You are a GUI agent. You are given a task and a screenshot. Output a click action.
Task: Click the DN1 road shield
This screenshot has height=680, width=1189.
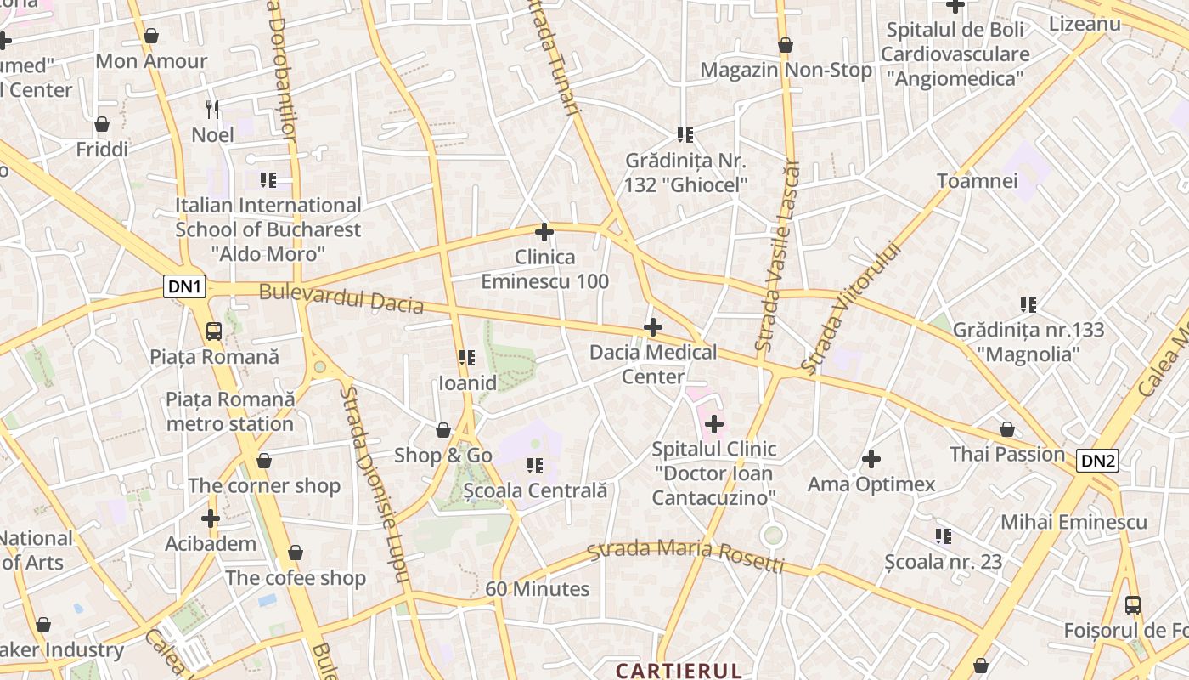click(185, 287)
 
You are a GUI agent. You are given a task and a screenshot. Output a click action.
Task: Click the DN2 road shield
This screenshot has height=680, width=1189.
click(1097, 461)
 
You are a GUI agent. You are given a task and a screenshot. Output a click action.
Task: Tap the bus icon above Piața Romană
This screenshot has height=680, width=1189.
click(214, 331)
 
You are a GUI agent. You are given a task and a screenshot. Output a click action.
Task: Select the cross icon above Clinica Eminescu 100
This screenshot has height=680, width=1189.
click(544, 231)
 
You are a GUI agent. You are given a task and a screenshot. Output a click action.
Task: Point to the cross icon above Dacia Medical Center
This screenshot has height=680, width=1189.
click(652, 326)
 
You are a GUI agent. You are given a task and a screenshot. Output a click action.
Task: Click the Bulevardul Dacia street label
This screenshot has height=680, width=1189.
click(341, 298)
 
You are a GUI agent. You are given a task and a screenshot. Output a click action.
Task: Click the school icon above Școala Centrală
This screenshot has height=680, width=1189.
click(535, 465)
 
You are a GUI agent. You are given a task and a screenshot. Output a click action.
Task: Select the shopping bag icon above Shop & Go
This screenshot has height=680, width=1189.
click(442, 430)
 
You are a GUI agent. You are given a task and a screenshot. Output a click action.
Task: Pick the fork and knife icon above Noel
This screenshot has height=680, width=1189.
click(212, 109)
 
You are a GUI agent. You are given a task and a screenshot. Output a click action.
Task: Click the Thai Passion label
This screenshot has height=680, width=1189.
click(1007, 454)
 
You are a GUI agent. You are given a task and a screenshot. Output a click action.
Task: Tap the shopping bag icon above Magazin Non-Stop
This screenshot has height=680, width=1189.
click(786, 44)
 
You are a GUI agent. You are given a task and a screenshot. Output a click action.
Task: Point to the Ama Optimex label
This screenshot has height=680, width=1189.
click(871, 484)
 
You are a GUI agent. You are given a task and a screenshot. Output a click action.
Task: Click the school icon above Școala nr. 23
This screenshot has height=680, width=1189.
click(943, 535)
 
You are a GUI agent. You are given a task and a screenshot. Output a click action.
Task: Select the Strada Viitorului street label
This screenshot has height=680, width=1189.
click(850, 309)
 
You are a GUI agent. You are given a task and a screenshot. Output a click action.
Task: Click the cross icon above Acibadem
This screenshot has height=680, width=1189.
click(211, 518)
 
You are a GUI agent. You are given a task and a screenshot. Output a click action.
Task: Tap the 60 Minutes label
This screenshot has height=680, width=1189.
click(537, 588)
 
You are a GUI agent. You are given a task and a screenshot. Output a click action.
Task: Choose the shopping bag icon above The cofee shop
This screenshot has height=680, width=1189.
click(295, 552)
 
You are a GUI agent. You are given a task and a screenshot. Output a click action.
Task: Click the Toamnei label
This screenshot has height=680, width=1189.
click(977, 180)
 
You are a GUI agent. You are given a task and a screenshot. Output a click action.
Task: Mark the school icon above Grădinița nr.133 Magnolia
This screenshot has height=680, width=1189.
click(1028, 304)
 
